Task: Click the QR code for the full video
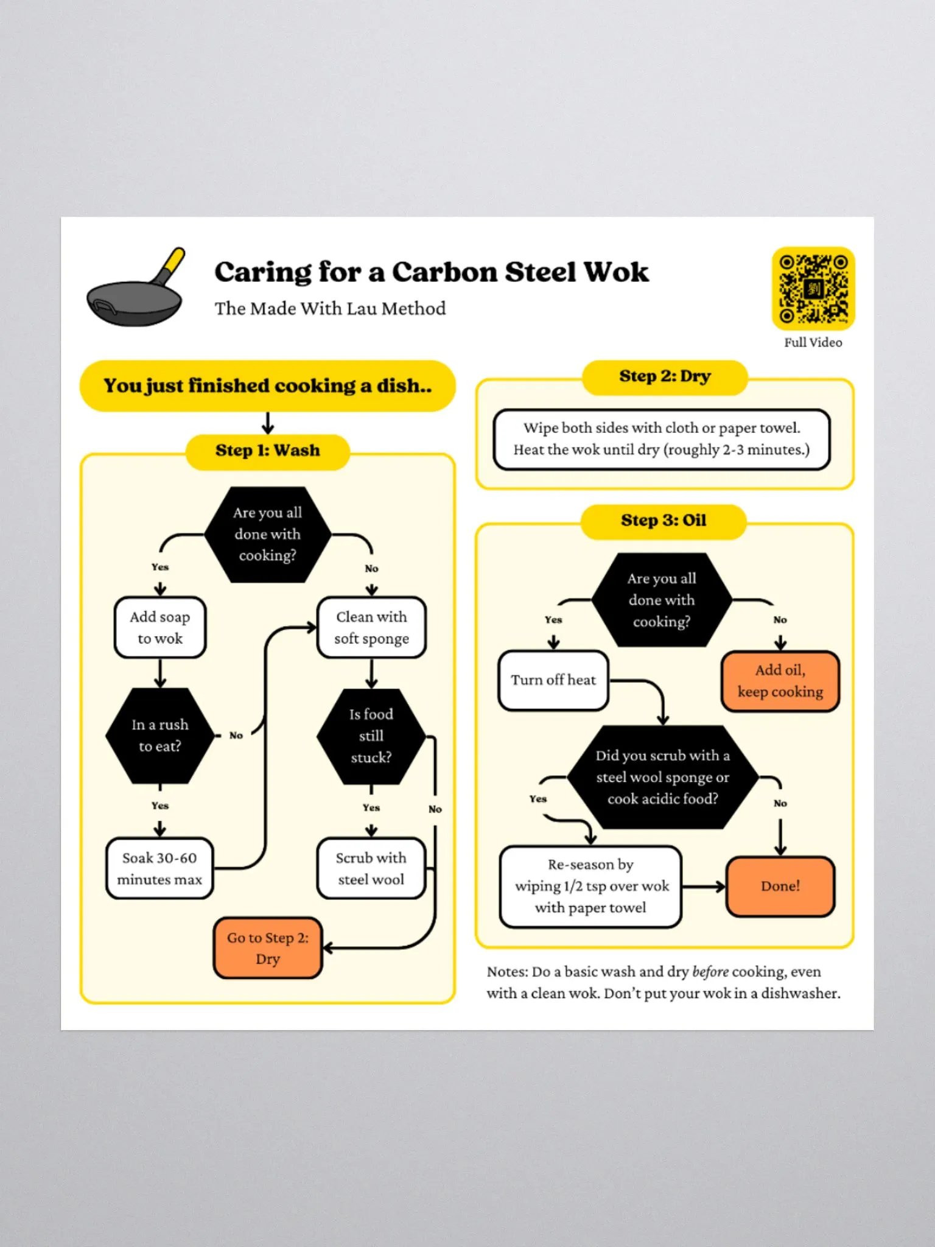[813, 289]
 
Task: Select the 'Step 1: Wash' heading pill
[267, 451]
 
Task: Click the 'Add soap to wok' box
[160, 628]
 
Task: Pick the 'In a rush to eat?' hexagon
[160, 736]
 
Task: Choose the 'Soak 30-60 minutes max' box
[159, 869]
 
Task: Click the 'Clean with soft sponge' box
[371, 628]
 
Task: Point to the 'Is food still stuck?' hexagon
[371, 736]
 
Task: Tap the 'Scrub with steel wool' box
[371, 869]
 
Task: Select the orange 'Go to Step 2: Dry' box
[268, 948]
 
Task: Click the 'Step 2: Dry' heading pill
[665, 377]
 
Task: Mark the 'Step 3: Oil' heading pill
[664, 521]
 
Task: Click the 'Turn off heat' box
[553, 680]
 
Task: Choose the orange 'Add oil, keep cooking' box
[780, 681]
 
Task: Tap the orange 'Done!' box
[780, 887]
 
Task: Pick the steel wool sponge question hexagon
[663, 778]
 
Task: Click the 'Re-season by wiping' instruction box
[590, 887]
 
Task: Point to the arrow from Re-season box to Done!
[704, 887]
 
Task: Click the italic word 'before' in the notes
[710, 972]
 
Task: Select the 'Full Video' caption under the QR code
[813, 343]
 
